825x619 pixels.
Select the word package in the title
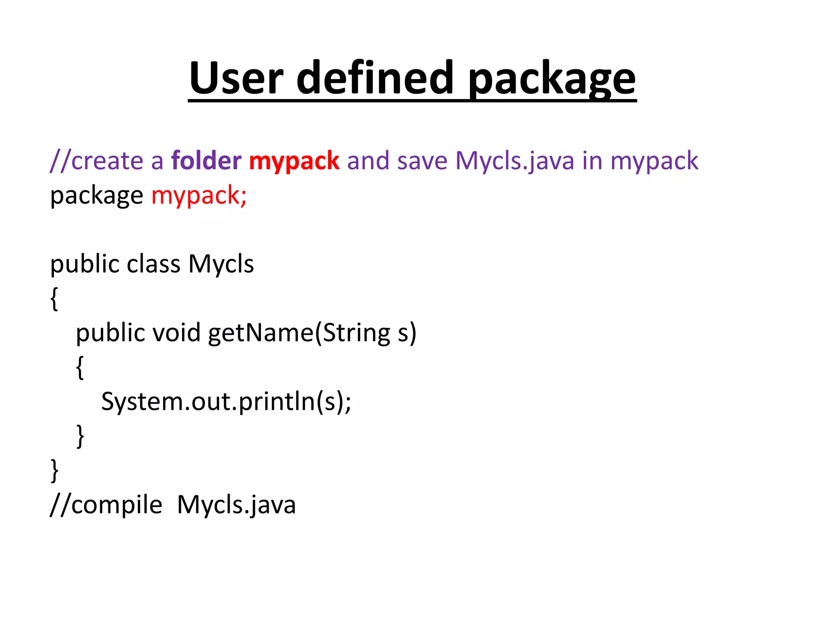tap(552, 79)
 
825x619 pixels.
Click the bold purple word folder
tap(206, 160)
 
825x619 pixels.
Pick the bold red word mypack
tap(294, 161)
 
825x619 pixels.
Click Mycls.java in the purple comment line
tap(514, 161)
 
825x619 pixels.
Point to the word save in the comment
tap(422, 161)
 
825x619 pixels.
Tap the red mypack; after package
tap(199, 196)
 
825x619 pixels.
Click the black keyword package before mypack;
tap(96, 196)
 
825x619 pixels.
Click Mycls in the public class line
tap(221, 264)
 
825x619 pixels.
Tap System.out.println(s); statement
tap(226, 402)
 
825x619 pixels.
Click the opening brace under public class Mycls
tap(54, 299)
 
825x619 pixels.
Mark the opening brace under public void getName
tap(80, 367)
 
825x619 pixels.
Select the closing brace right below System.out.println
tap(80, 436)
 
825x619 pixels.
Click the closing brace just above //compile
tap(54, 470)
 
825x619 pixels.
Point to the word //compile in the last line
tap(106, 505)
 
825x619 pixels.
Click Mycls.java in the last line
tap(236, 505)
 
